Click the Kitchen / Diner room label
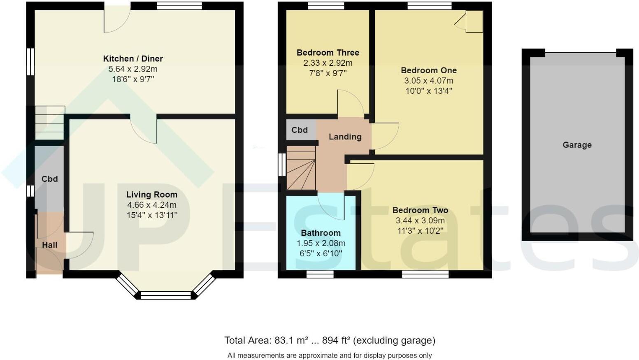point(133,58)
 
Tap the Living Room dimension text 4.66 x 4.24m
point(152,205)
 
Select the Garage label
point(577,145)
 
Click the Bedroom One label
point(429,70)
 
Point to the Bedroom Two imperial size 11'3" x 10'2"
point(420,231)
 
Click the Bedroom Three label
point(328,53)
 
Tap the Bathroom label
point(321,233)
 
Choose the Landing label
point(345,137)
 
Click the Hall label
point(50,245)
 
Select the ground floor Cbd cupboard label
point(49,179)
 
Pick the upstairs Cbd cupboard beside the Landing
point(300,130)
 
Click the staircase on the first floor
point(301,168)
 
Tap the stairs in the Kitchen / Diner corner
point(50,123)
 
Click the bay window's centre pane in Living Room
point(166,295)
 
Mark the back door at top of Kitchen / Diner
point(117,19)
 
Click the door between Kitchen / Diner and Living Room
point(144,130)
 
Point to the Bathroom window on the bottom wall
point(320,274)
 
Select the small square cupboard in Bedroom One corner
point(474,21)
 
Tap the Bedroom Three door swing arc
point(351,103)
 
